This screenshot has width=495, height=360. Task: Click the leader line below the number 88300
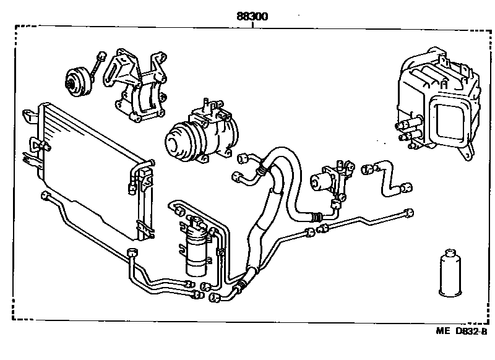point(252,24)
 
